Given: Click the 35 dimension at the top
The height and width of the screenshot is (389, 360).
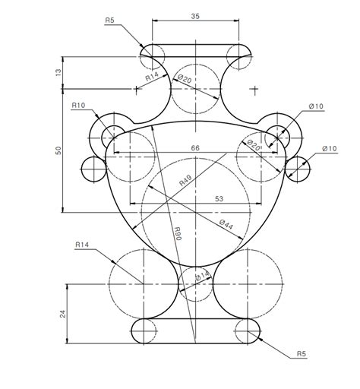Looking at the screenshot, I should (x=195, y=15).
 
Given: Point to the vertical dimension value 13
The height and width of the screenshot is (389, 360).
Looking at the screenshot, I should (x=58, y=72).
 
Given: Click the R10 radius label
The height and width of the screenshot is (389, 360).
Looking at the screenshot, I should (x=78, y=106).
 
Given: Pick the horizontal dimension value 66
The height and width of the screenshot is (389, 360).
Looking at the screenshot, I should (x=195, y=148).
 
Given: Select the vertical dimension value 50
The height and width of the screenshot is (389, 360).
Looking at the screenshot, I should (x=58, y=151).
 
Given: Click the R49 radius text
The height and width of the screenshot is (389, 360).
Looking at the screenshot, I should (x=185, y=180).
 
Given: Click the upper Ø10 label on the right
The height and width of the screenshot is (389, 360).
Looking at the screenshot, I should (x=316, y=106).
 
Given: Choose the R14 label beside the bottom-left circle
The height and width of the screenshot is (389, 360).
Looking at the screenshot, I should (x=83, y=245).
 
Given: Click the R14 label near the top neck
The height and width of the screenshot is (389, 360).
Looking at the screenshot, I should (x=153, y=77).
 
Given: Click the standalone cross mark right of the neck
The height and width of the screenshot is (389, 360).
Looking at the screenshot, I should (x=254, y=89).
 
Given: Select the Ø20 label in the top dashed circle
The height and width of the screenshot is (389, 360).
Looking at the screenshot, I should (x=185, y=78).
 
